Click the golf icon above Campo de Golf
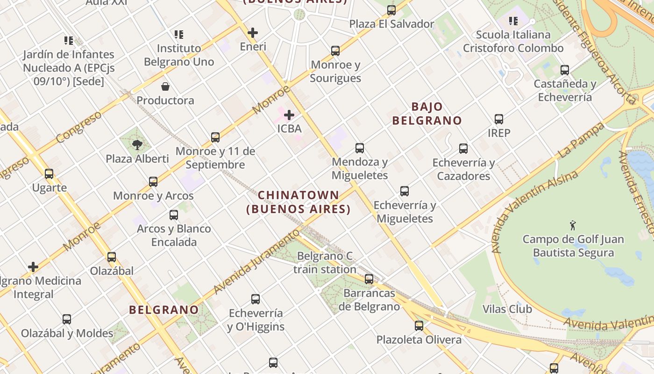click(573, 225)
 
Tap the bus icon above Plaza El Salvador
click(391, 10)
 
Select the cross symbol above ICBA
click(289, 115)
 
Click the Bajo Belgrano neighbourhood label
click(427, 114)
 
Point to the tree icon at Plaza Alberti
click(137, 144)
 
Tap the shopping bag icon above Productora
click(165, 86)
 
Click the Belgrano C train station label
click(325, 263)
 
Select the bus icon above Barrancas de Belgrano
click(369, 279)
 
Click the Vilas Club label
click(507, 309)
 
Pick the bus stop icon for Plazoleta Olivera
click(419, 325)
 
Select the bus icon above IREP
click(499, 119)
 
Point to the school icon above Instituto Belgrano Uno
click(179, 34)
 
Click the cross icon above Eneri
click(253, 33)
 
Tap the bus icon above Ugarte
click(49, 174)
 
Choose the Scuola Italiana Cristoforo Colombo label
click(513, 41)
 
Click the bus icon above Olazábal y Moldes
click(67, 319)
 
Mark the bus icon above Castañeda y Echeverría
click(565, 70)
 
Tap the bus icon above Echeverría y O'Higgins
click(256, 299)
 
